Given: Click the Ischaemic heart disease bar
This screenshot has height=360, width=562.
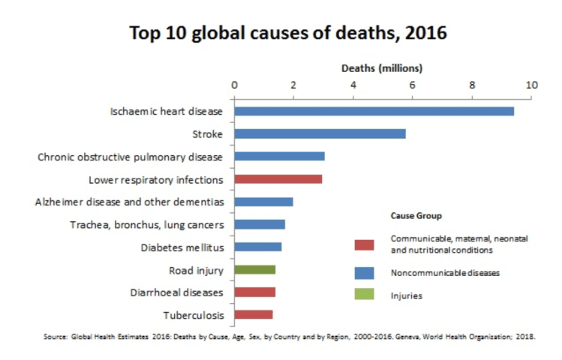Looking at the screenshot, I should coord(374,111).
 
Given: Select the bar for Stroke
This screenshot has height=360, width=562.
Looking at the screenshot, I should coord(320,133).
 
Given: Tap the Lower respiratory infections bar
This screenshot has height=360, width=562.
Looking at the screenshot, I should coord(278,179).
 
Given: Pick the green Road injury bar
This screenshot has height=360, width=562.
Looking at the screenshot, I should coord(254,269).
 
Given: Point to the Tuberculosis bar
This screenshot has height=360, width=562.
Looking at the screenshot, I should coord(253,314).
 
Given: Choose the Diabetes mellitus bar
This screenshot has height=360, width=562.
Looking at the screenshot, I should coord(257,247).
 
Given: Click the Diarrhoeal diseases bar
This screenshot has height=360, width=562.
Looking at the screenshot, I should coord(254,292).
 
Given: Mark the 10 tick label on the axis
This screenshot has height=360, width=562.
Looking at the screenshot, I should coord(532,85).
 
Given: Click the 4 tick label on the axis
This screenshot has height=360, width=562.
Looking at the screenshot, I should coord(353,85).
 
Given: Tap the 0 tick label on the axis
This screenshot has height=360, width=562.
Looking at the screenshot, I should coord(235,85).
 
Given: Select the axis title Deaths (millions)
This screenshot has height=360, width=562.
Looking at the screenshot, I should coord(382,68).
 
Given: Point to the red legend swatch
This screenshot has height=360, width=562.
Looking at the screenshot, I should coord(364,244).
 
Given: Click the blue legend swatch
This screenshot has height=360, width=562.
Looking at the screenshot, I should coord(364,272).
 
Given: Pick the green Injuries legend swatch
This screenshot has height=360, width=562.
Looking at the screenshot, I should coord(364,295).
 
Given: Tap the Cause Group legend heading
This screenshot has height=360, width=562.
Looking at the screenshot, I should coord(416,215).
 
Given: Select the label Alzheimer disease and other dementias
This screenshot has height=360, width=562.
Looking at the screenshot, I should coord(129,202).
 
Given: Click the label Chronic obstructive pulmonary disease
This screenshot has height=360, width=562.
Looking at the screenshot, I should coord(130,157).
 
